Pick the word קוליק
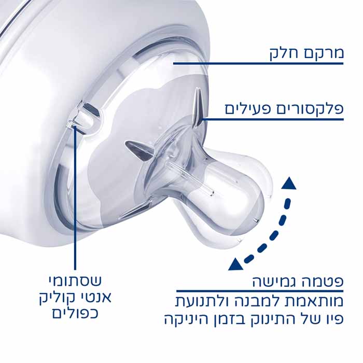click(x=57, y=298)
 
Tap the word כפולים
click(x=75, y=313)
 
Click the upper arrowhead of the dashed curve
click(x=288, y=183)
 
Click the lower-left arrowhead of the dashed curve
click(x=235, y=264)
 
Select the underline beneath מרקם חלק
click(x=258, y=63)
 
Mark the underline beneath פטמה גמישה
click(x=260, y=291)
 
